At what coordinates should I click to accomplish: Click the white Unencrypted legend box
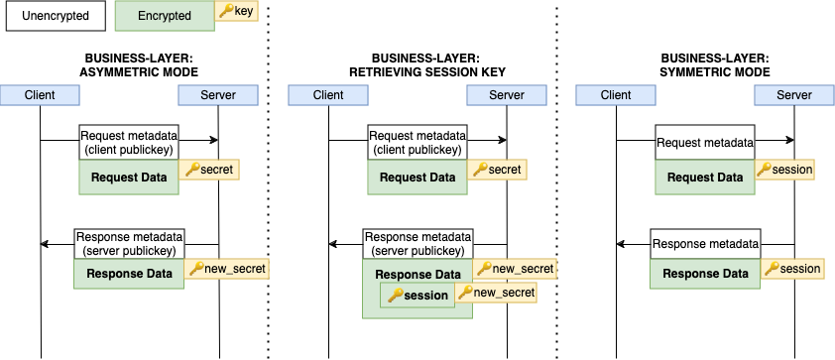pyautogui.click(x=55, y=16)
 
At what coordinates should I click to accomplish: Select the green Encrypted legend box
pyautogui.click(x=164, y=16)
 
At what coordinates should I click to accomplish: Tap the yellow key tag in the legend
pyautogui.click(x=235, y=11)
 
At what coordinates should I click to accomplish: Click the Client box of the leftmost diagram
pyautogui.click(x=40, y=95)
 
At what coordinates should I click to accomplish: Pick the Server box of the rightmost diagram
pyautogui.click(x=793, y=95)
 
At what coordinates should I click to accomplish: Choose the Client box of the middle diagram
pyautogui.click(x=328, y=95)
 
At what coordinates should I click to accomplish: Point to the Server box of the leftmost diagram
pyautogui.click(x=218, y=95)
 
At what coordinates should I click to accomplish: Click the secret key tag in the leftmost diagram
pyautogui.click(x=209, y=170)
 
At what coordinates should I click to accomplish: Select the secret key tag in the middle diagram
pyautogui.click(x=498, y=170)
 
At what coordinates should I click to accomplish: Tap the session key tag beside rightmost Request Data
pyautogui.click(x=784, y=170)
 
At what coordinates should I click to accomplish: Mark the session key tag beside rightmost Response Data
pyautogui.click(x=792, y=269)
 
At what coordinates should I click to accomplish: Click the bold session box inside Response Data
pyautogui.click(x=417, y=295)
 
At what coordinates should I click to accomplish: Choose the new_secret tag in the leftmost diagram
pyautogui.click(x=227, y=269)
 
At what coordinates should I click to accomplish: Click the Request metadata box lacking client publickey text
pyautogui.click(x=705, y=143)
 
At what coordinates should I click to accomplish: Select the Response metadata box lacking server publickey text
pyautogui.click(x=705, y=244)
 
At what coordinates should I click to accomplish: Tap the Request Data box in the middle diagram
pyautogui.click(x=417, y=178)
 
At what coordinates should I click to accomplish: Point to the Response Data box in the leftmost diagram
pyautogui.click(x=129, y=275)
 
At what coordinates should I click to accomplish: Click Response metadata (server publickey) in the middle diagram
pyautogui.click(x=417, y=244)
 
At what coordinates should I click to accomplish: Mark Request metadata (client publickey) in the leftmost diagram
pyautogui.click(x=129, y=143)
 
